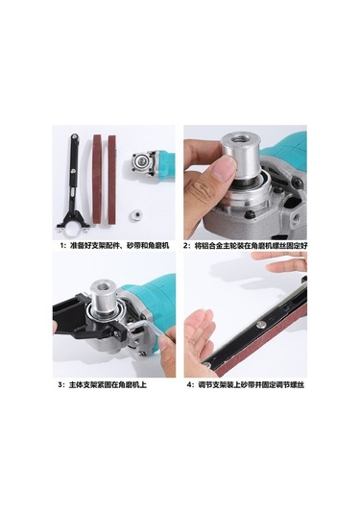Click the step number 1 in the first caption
pyautogui.click(x=60, y=245)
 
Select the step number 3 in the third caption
pyautogui.click(x=60, y=383)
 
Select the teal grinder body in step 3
pyautogui.click(x=149, y=288)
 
